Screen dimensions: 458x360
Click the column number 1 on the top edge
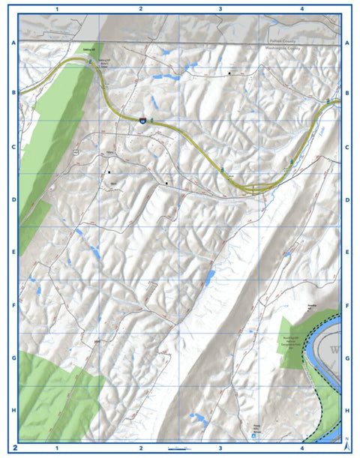coord(58,8)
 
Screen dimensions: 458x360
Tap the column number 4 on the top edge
coord(301,8)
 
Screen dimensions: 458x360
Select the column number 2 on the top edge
coord(140,8)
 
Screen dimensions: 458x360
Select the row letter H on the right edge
coord(347,411)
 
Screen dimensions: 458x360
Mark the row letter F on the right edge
coord(347,306)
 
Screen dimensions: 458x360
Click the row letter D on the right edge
coord(347,200)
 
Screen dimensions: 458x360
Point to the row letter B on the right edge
coord(347,94)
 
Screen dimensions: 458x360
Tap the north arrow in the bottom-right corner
coord(346,444)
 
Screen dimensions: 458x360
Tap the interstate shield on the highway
coord(141,120)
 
